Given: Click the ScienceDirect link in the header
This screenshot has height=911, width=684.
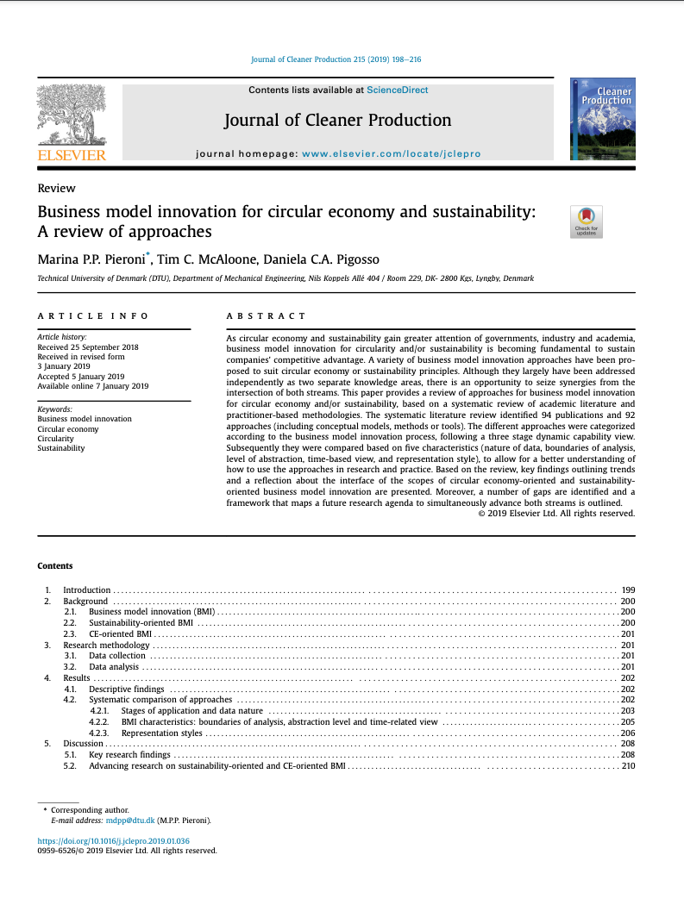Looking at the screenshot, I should pyautogui.click(x=397, y=90).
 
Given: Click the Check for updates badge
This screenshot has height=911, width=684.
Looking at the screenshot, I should pyautogui.click(x=586, y=222).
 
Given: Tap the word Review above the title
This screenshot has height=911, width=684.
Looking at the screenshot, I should pyautogui.click(x=56, y=188).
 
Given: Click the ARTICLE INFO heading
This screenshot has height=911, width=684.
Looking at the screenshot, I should pyautogui.click(x=92, y=316).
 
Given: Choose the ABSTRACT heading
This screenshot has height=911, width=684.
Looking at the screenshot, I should pyautogui.click(x=266, y=316).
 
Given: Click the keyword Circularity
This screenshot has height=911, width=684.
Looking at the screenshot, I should pyautogui.click(x=57, y=439).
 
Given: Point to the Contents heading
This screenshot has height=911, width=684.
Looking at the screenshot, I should pyautogui.click(x=55, y=566).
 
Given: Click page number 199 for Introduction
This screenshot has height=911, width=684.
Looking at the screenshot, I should pyautogui.click(x=628, y=590).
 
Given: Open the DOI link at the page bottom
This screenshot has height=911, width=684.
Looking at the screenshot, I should pyautogui.click(x=114, y=840).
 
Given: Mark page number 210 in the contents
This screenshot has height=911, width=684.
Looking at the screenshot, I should pyautogui.click(x=628, y=765).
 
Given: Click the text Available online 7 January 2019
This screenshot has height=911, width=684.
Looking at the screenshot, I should pyautogui.click(x=93, y=386).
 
